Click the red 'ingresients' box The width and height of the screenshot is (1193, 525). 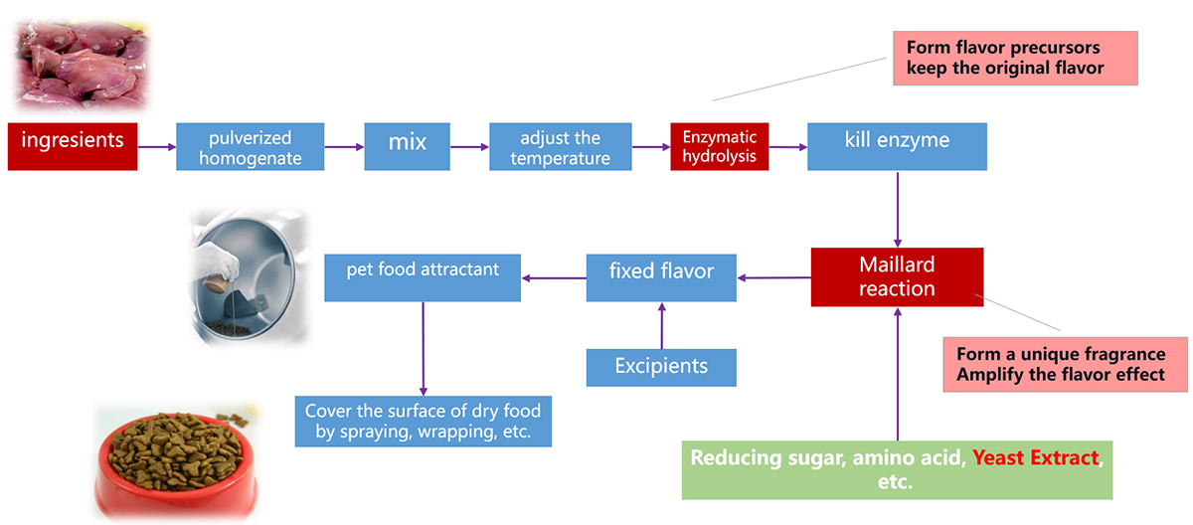coord(73,146)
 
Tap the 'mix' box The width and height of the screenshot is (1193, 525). coord(408,146)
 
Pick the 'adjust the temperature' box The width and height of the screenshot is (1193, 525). coord(561,146)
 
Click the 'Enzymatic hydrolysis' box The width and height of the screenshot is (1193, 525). coord(719,146)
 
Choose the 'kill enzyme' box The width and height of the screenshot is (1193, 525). coord(897,146)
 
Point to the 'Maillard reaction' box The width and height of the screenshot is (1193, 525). coord(897,276)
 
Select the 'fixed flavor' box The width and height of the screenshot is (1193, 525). coord(661,277)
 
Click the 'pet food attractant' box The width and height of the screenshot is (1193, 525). coord(424,277)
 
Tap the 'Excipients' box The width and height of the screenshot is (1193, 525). coord(661,367)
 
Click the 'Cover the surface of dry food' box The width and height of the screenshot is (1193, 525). coord(424,421)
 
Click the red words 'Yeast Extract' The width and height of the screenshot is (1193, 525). coord(1036,459)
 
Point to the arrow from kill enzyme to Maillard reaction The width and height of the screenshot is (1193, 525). coord(898,209)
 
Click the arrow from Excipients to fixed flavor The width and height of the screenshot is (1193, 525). coord(661,325)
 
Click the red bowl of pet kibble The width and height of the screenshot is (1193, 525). coord(164,463)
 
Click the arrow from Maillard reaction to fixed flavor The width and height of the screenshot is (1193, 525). coord(773,277)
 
